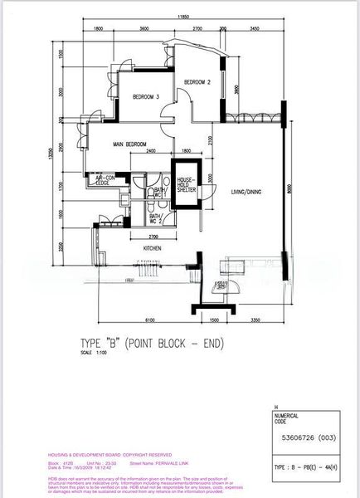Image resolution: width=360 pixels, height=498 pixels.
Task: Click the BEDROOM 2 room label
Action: [x=197, y=82]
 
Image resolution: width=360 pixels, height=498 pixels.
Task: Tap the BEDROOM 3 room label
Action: [x=145, y=97]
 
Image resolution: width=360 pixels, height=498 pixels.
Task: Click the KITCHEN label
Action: [x=151, y=247]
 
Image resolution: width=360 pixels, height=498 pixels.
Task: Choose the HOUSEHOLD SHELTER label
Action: [x=183, y=184]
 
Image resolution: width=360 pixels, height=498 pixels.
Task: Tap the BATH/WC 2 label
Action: [x=156, y=218]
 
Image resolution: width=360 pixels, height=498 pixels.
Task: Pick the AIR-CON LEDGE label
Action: [x=106, y=180]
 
